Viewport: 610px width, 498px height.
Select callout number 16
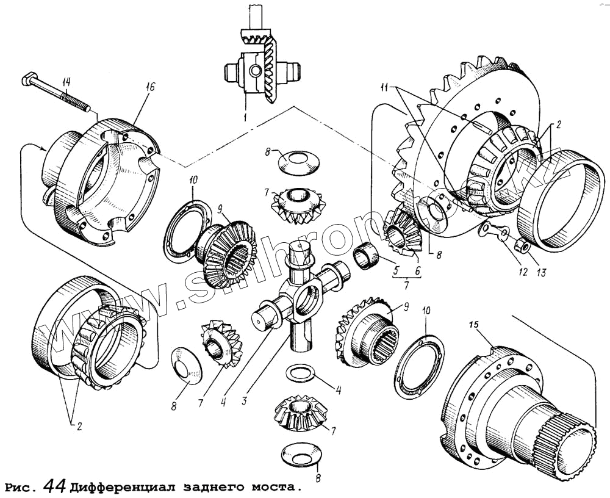click(150, 87)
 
